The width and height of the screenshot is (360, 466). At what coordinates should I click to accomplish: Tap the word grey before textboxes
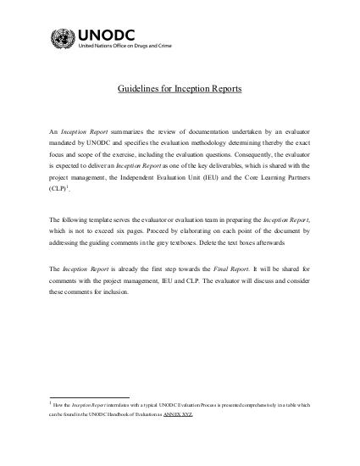click(169, 243)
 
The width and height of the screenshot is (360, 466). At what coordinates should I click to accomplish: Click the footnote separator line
click(89, 397)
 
